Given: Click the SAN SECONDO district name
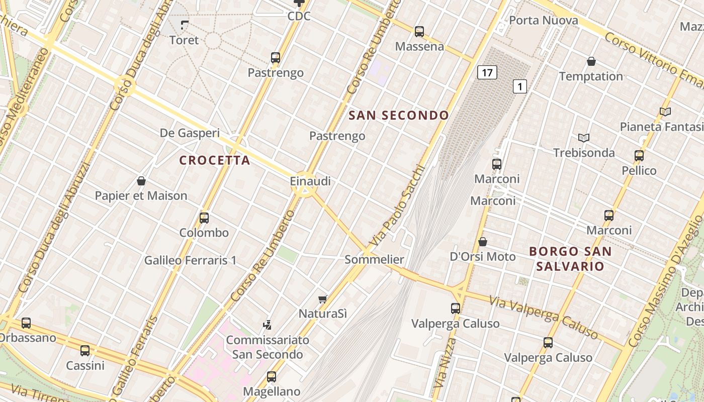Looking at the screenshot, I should [x=399, y=115].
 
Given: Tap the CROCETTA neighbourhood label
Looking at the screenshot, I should [x=215, y=160].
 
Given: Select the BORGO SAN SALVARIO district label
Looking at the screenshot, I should [x=570, y=259].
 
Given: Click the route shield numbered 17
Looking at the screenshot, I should [x=487, y=72].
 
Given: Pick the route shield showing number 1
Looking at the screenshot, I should [x=519, y=86].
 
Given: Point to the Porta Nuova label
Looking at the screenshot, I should [x=543, y=21].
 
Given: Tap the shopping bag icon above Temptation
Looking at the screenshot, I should [x=591, y=61].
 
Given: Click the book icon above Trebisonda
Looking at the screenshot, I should [x=583, y=138].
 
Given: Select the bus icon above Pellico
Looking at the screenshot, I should [x=639, y=156].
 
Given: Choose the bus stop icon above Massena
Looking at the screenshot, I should [x=419, y=32].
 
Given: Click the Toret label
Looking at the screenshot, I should [x=184, y=40].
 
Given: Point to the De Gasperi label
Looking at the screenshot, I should [x=190, y=133].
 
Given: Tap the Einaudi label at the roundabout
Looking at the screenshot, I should [x=310, y=181].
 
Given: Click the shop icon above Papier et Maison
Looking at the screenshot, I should [x=141, y=181].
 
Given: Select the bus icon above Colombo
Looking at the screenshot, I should [x=204, y=218].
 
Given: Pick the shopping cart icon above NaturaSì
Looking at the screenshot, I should [x=323, y=299].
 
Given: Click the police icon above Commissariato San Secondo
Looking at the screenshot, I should [x=268, y=325].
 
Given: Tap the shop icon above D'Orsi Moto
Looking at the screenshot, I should [x=482, y=242].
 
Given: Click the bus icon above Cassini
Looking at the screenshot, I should [x=85, y=350].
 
